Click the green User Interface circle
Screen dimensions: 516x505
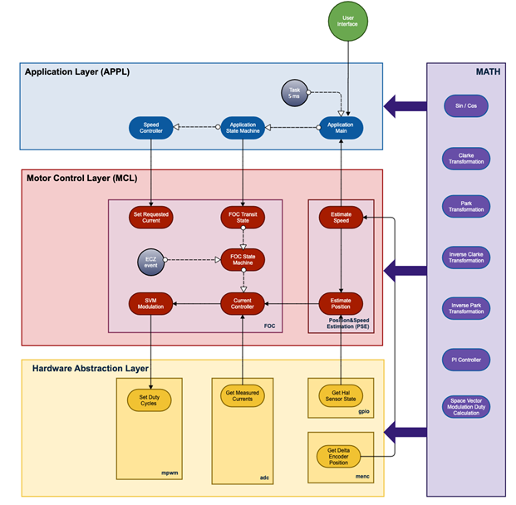(348, 22)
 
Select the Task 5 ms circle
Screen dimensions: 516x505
(294, 93)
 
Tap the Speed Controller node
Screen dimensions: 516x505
(150, 128)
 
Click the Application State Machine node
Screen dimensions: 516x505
(243, 128)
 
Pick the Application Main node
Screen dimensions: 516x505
(341, 128)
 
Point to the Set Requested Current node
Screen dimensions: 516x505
(150, 217)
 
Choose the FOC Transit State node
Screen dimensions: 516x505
(243, 217)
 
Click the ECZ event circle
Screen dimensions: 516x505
(150, 262)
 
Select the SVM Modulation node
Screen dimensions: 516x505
(150, 303)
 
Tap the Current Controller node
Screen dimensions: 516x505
(243, 303)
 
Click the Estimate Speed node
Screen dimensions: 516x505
(341, 217)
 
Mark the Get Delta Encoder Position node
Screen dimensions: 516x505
(339, 456)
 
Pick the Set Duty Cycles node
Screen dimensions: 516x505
(149, 400)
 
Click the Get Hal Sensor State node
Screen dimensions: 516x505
(341, 395)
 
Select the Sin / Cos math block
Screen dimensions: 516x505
(466, 106)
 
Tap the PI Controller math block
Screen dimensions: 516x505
(466, 360)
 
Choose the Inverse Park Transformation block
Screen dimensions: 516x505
(466, 308)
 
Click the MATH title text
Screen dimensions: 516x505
(488, 71)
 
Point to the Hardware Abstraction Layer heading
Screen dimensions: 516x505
(91, 369)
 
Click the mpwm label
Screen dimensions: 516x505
(170, 473)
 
